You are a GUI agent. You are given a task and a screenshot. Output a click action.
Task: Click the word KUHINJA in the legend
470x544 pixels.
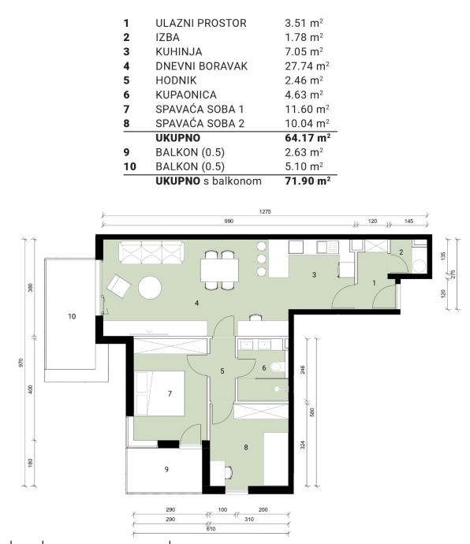(178, 52)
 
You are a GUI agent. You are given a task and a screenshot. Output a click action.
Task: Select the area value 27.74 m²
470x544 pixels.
(307, 66)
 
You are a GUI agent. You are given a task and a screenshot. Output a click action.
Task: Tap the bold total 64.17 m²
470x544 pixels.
(308, 138)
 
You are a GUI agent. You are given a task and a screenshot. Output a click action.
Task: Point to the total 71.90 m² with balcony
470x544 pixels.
(308, 181)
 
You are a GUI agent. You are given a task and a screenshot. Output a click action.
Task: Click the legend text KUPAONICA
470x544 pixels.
(186, 95)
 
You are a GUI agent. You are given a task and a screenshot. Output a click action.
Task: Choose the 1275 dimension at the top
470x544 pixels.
(265, 211)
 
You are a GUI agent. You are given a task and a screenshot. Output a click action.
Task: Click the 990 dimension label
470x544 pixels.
(229, 221)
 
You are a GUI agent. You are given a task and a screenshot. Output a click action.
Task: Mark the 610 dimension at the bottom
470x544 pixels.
(211, 529)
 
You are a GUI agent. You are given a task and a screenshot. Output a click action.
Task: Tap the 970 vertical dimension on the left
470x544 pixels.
(21, 363)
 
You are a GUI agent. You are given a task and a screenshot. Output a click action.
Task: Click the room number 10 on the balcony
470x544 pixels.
(72, 316)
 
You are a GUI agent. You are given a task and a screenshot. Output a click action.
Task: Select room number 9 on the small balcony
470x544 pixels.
(166, 469)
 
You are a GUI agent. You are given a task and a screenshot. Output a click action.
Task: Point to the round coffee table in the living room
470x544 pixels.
(150, 288)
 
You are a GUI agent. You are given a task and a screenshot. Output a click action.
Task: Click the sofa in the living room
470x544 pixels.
(151, 253)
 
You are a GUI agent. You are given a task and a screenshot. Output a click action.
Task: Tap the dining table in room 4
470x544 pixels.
(220, 270)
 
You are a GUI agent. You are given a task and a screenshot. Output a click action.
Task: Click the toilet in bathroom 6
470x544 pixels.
(278, 367)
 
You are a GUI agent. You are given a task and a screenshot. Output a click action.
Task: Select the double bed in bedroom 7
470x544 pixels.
(159, 393)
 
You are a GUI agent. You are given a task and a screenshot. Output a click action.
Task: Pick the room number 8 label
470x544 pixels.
(246, 448)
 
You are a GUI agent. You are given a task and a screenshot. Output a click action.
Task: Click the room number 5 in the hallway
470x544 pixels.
(222, 371)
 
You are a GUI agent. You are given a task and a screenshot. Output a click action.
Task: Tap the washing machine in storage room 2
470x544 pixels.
(420, 266)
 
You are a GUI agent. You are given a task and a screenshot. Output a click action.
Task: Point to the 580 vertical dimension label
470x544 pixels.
(311, 412)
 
